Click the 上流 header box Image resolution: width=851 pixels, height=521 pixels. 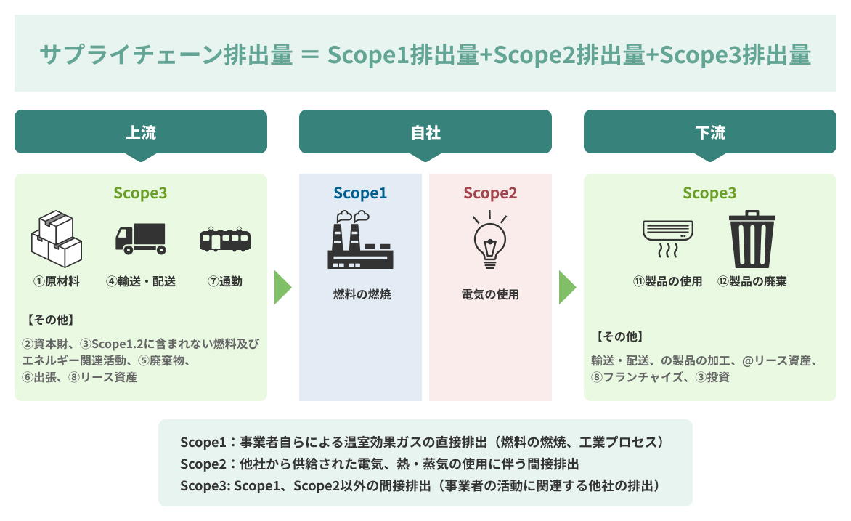coord(141,132)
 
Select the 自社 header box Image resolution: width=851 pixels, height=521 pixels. coord(425,132)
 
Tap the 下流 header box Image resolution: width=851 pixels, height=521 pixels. coord(710,132)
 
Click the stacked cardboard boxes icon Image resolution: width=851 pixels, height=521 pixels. coord(56,237)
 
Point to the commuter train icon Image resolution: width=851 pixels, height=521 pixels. coord(225,239)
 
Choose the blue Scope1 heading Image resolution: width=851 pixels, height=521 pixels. coord(360,193)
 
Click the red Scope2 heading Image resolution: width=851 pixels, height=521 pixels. coord(490,193)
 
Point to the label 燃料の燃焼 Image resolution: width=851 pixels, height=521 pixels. coord(361,295)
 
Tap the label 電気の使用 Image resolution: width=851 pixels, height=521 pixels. coord(490,295)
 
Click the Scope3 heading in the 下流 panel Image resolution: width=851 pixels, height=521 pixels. coord(709,193)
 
